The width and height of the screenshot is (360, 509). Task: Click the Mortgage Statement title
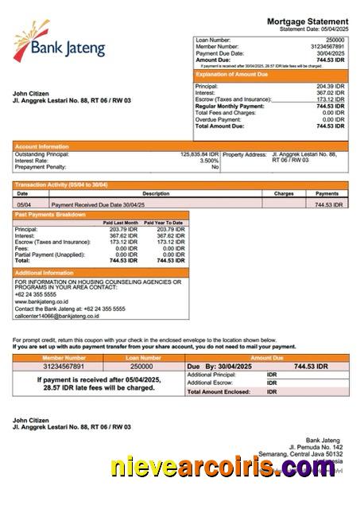click(x=308, y=21)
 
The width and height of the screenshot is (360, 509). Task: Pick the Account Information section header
click(x=43, y=146)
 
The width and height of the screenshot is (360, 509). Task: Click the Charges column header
click(x=284, y=193)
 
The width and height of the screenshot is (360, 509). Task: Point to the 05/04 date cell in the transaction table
click(x=25, y=204)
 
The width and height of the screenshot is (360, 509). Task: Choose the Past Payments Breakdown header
click(x=50, y=215)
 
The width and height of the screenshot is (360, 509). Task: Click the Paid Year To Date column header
click(x=165, y=223)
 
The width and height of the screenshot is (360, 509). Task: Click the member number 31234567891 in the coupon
click(x=63, y=367)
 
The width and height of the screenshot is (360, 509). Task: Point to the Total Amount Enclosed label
click(x=219, y=391)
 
